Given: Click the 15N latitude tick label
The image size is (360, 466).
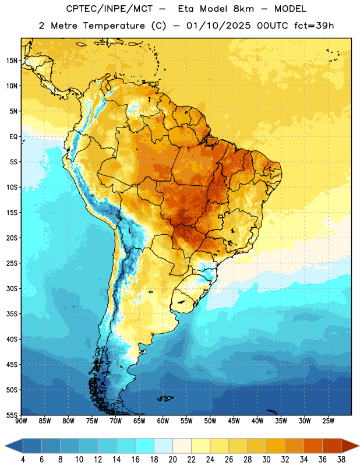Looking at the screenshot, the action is click(12, 61).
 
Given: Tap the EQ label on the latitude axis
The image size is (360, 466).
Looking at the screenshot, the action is click(13, 137).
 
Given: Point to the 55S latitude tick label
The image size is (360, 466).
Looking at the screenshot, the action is click(12, 415).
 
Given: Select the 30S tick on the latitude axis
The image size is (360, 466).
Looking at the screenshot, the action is click(12, 288).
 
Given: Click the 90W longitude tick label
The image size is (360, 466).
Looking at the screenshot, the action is click(21, 421).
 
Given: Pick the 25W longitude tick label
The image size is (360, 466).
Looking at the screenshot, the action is click(328, 421).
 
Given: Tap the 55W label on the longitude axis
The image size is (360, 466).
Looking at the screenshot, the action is click(186, 421).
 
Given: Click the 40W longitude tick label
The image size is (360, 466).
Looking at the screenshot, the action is click(257, 421).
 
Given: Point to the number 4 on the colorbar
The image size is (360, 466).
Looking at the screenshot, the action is click(23, 460).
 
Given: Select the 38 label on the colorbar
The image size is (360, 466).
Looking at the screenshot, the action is click(341, 460).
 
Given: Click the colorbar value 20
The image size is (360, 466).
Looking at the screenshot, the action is click(172, 460).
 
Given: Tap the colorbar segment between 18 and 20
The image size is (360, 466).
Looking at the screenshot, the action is click(164, 446).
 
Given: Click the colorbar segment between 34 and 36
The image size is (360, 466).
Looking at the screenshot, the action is click(313, 446).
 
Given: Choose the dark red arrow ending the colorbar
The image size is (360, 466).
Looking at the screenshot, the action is click(350, 446).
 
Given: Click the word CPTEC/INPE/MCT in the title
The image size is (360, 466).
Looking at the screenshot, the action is click(109, 9).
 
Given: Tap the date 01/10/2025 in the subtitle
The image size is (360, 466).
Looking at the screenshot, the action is click(218, 26).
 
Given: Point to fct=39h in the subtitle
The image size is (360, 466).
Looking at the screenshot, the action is click(314, 26).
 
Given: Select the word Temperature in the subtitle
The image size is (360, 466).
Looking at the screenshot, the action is click(114, 26).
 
